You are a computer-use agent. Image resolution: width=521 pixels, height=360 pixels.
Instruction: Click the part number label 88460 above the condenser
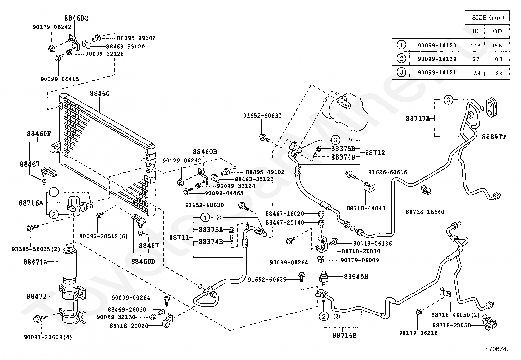[x=99, y=93]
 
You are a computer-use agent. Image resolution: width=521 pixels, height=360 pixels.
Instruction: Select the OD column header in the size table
[x=497, y=31]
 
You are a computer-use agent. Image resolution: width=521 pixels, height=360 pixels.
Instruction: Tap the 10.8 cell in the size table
[x=476, y=46]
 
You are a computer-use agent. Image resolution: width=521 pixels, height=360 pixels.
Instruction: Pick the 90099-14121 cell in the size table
[x=437, y=72]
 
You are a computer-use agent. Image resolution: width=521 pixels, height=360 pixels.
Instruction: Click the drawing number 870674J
[x=497, y=349]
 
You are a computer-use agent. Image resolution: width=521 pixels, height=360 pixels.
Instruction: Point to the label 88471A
[x=35, y=262]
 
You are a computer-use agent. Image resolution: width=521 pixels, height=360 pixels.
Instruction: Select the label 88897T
[x=494, y=137]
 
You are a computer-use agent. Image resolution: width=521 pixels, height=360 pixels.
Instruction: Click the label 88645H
[x=356, y=277]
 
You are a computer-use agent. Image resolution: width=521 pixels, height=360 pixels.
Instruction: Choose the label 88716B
[x=345, y=335]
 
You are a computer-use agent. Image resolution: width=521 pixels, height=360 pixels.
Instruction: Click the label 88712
[x=375, y=153]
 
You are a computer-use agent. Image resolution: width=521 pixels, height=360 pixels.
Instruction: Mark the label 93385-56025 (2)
[x=36, y=249]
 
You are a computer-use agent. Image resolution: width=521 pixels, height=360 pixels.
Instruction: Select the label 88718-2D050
[x=451, y=325]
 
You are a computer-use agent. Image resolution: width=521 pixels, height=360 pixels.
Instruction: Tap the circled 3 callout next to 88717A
[x=448, y=100]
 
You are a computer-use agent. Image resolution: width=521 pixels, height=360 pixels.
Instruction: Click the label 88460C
[x=76, y=18]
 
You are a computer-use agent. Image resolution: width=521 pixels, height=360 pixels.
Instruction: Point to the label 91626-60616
[x=388, y=172]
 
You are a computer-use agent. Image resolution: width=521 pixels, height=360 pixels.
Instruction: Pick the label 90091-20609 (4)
[x=48, y=337]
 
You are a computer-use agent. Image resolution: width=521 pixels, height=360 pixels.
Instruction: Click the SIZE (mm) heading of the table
[x=488, y=18]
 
